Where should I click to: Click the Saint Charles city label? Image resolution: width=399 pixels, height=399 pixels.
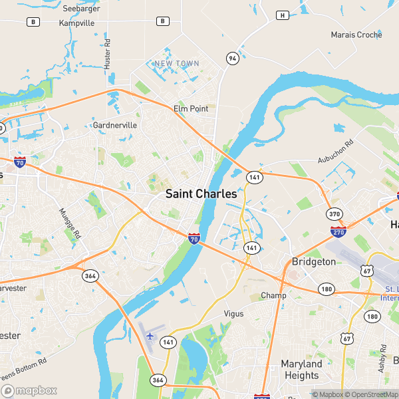pos(201,194)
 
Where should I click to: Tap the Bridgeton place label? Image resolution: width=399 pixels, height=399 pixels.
pos(314,262)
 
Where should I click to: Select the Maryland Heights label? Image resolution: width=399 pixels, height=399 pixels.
pos(301,370)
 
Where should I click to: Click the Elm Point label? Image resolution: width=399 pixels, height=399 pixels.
pos(191,108)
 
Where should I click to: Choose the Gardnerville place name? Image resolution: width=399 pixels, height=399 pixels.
pos(115,125)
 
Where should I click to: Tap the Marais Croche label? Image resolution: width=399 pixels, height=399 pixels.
pos(356,35)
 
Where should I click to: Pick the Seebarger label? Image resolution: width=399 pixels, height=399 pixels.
pos(81,9)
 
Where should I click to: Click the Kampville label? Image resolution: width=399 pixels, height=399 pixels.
pos(77,23)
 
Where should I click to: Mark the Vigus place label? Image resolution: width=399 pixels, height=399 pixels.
pos(234,313)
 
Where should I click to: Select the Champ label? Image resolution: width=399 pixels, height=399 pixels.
pos(273,295)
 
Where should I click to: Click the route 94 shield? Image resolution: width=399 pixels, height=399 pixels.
pos(231,59)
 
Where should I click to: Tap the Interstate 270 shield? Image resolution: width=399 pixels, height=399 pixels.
pos(338,231)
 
